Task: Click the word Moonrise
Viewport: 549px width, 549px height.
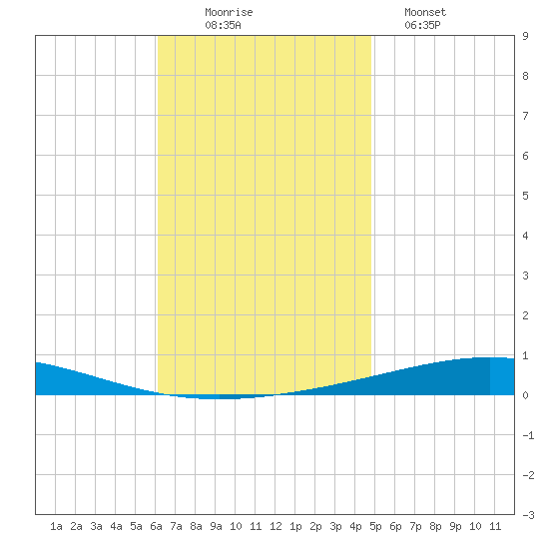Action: click(229, 12)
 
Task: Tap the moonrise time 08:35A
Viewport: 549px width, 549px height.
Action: click(223, 25)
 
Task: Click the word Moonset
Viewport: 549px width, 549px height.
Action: click(425, 12)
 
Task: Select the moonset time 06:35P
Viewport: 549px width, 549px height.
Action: click(422, 25)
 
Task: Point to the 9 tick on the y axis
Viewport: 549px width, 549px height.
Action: click(525, 36)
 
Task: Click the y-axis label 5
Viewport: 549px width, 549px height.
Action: click(525, 196)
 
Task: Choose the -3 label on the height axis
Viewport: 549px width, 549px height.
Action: click(528, 515)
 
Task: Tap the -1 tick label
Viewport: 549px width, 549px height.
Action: click(528, 435)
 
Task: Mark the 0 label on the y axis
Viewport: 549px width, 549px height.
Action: click(525, 395)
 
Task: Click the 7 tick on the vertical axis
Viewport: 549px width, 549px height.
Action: click(525, 116)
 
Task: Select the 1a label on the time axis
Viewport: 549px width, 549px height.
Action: click(56, 526)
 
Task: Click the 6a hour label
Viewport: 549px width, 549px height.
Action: click(156, 526)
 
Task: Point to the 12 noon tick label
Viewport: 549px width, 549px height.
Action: click(275, 526)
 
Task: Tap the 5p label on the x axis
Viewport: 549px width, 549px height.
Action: click(375, 526)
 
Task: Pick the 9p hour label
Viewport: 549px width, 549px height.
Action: click(455, 526)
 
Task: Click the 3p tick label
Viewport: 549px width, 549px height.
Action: click(335, 526)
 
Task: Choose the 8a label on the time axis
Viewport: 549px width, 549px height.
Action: click(196, 526)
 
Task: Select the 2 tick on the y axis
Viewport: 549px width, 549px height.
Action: click(525, 315)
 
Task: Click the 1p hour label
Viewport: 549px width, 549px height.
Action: click(295, 526)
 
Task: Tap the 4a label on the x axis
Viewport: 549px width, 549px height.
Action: click(116, 526)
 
